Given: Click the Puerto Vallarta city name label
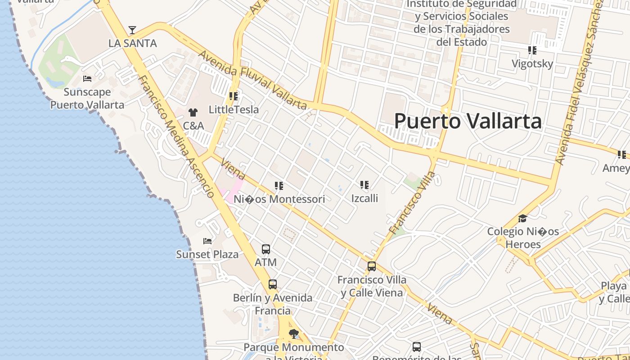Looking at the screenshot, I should click(468, 121).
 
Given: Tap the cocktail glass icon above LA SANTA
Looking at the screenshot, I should click(132, 30).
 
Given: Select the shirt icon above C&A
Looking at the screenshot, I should click(193, 112).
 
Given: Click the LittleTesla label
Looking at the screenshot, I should click(234, 109).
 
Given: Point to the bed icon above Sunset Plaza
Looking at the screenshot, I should click(207, 241).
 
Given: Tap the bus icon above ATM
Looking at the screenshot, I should click(266, 249).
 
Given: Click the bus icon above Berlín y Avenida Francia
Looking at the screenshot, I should click(273, 284).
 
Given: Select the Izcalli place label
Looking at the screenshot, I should click(364, 198).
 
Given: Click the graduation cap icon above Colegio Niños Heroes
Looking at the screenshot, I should click(522, 219).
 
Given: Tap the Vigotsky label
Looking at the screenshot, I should click(532, 63).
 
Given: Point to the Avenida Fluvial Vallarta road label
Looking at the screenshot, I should click(252, 81).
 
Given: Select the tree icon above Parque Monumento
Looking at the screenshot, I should click(293, 334).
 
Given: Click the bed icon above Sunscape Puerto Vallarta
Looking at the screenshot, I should click(87, 79).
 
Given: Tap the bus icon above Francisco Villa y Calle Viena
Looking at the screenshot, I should click(372, 266).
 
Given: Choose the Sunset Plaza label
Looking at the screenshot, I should click(207, 254).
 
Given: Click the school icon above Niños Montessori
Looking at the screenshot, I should click(279, 185).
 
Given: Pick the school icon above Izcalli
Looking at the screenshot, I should click(364, 184).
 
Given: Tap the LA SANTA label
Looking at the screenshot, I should click(133, 43).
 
